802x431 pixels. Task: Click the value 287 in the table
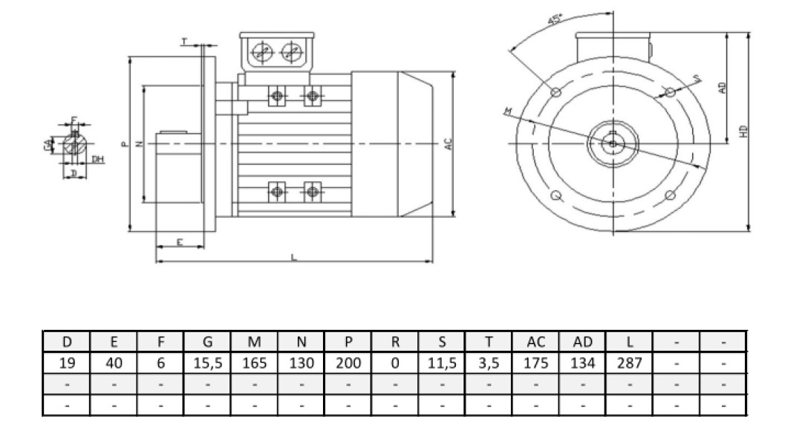[x=629, y=363]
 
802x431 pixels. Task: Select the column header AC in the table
[x=535, y=342]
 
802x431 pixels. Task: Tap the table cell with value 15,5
[x=207, y=363]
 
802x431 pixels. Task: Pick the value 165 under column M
[x=255, y=363]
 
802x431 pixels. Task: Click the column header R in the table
[x=395, y=342]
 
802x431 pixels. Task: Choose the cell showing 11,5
[x=442, y=363]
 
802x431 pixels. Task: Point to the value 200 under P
[x=348, y=363]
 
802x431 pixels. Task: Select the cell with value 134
[x=582, y=363]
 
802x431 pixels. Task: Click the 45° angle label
[x=554, y=21]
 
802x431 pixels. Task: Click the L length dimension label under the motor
[x=294, y=257]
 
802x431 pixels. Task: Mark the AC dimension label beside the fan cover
[x=448, y=143]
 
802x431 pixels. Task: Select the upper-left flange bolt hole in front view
[x=557, y=91]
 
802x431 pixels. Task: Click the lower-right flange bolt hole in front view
[x=670, y=195]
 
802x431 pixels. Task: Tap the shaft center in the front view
[x=613, y=143]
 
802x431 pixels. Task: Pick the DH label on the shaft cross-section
[x=97, y=159]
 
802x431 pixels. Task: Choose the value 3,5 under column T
[x=489, y=363]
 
